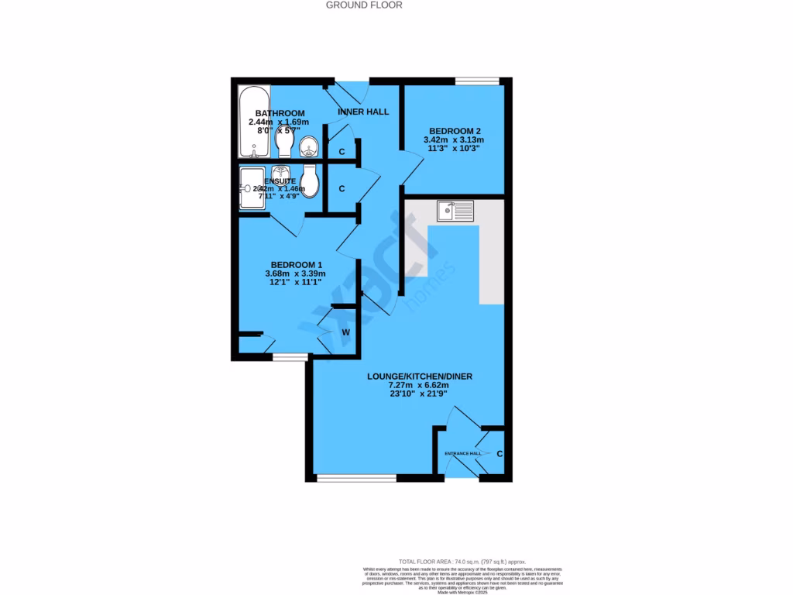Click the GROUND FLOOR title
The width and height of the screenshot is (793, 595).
(364, 5)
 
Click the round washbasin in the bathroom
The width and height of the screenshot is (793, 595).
(309, 145)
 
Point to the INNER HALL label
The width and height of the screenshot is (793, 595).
(363, 112)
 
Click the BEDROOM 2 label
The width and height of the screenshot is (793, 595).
(452, 130)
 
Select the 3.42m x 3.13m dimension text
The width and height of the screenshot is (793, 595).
(452, 139)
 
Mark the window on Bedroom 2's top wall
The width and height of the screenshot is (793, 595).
(477, 81)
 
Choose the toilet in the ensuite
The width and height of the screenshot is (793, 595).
(311, 180)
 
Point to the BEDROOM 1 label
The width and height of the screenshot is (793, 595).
(296, 264)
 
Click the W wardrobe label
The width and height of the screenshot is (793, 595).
(346, 332)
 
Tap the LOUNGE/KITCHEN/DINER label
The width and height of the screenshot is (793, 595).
(419, 377)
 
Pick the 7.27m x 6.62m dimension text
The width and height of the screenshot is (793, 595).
(419, 386)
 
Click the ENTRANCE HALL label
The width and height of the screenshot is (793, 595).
(462, 453)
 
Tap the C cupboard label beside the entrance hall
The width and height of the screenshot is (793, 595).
(499, 454)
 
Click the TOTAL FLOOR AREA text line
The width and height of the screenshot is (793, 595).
(462, 561)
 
